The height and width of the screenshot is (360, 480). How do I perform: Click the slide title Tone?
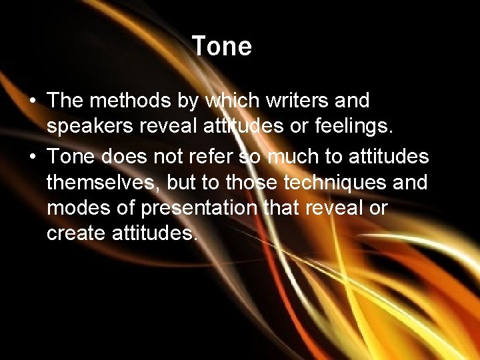[221, 47]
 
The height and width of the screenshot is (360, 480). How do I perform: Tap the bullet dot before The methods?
[33, 101]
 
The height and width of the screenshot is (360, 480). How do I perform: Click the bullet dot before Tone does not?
[33, 157]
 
